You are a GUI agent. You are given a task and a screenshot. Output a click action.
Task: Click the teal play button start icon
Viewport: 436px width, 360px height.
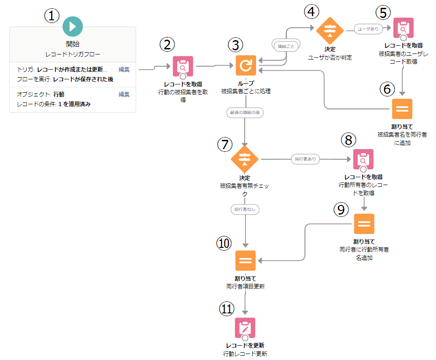click(x=72, y=26)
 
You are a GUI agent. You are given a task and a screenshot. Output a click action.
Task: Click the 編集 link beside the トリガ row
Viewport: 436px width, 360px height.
click(x=124, y=70)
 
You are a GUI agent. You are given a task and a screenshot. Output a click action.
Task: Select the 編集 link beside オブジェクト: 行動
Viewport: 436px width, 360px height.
click(x=124, y=94)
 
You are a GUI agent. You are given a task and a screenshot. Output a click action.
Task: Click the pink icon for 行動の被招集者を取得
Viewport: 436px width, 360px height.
click(x=183, y=66)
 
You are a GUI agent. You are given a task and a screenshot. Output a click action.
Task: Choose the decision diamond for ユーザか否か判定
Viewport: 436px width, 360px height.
click(x=330, y=30)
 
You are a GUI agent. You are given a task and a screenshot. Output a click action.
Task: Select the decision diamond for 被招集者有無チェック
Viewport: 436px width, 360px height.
click(x=245, y=159)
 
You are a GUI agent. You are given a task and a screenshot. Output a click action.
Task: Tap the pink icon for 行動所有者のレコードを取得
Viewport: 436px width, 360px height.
click(x=363, y=159)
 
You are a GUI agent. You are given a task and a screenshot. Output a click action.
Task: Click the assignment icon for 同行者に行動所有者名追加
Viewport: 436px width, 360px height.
click(x=364, y=224)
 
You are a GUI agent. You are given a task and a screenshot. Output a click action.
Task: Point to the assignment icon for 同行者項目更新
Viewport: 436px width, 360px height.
click(x=245, y=261)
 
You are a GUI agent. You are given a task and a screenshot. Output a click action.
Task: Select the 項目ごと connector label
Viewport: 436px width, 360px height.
click(x=285, y=47)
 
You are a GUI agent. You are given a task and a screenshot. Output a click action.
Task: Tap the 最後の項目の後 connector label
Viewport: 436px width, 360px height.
click(x=245, y=113)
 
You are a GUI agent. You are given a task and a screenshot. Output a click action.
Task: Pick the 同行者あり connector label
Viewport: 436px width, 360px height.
click(x=305, y=159)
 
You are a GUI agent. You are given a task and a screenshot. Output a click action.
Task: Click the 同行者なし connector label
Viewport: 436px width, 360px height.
click(x=245, y=209)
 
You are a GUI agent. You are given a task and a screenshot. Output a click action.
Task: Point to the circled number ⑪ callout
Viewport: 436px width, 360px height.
click(x=226, y=309)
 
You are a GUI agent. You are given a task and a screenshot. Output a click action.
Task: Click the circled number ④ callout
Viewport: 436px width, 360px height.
click(x=311, y=11)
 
